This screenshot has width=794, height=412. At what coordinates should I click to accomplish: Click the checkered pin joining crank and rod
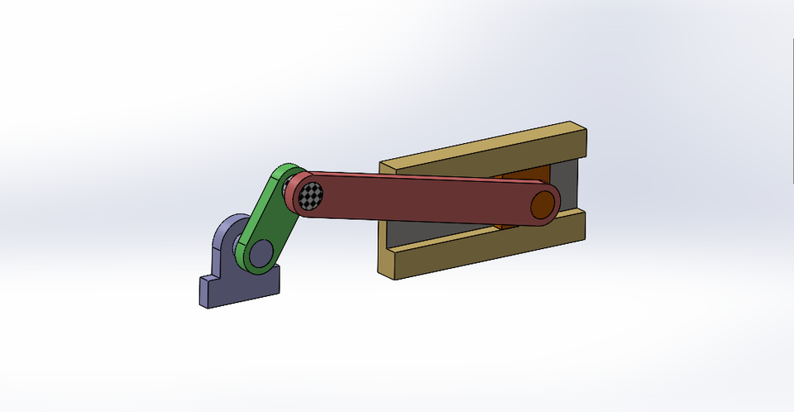click(x=311, y=195)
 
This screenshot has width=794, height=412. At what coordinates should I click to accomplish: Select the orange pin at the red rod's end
click(x=543, y=204)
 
